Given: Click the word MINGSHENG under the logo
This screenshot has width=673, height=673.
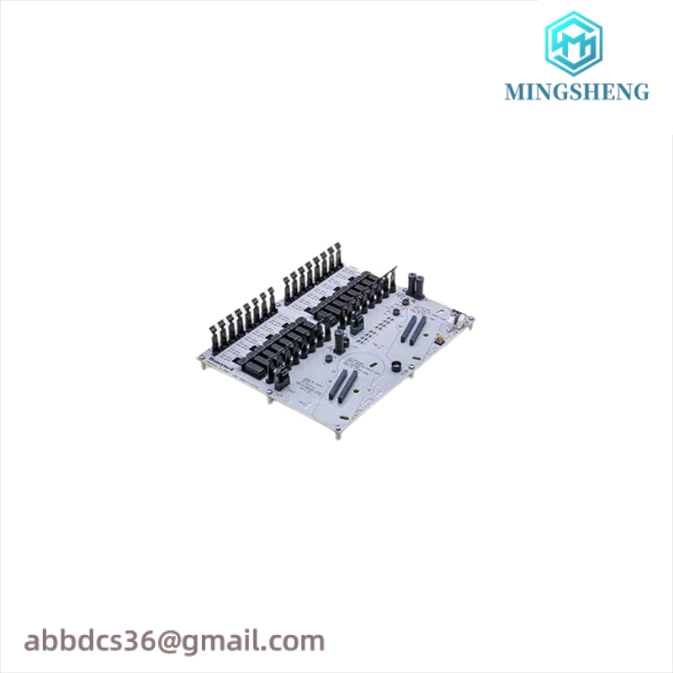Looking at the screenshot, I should [577, 92].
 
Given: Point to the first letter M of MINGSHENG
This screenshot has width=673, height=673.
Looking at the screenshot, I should [513, 92].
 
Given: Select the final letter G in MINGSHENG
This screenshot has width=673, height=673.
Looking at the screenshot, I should [641, 92].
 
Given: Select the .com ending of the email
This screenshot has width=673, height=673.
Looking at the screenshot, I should [294, 641].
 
